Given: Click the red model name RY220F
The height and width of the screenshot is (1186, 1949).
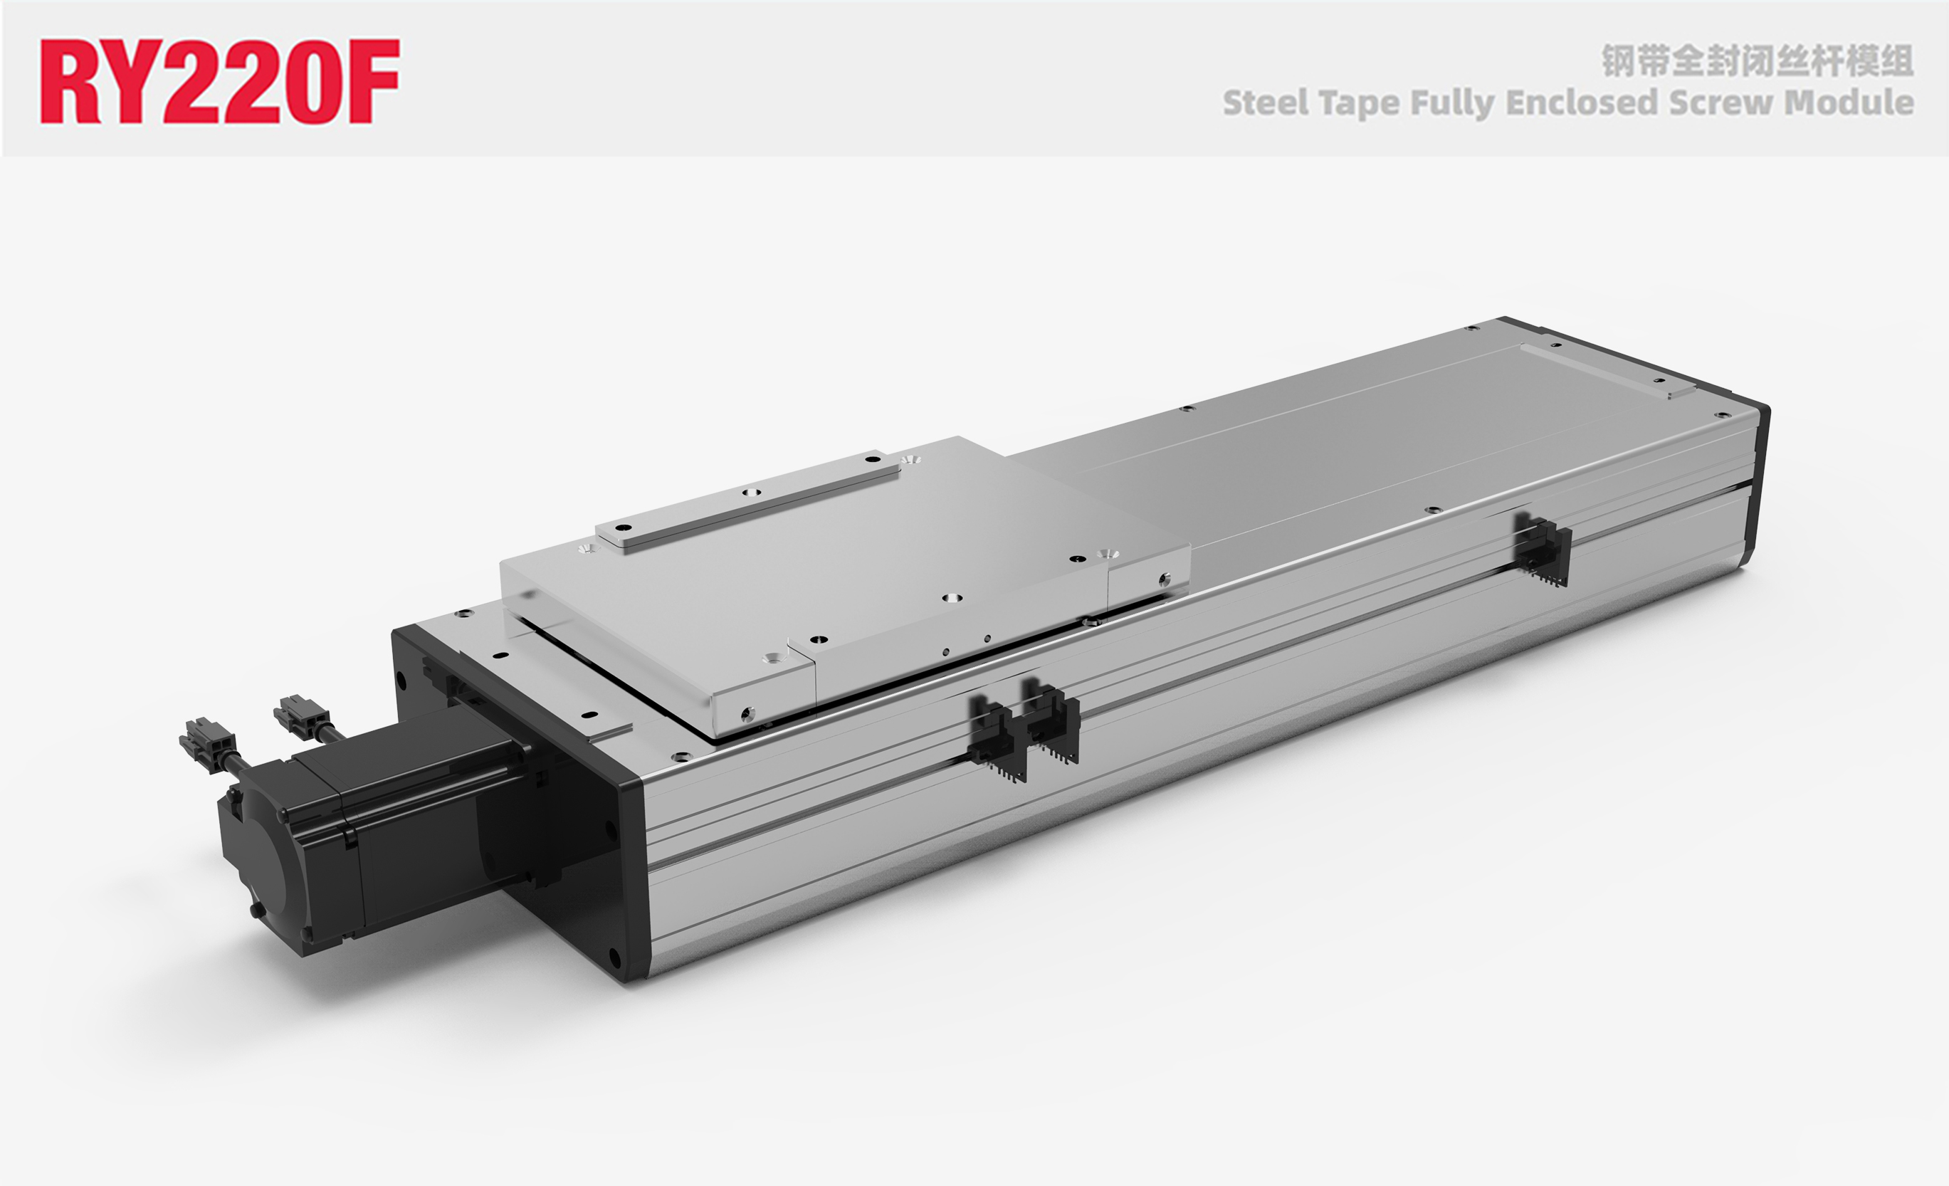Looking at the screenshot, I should (x=220, y=81).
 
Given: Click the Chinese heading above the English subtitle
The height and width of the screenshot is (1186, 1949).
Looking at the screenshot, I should (x=1758, y=62).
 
